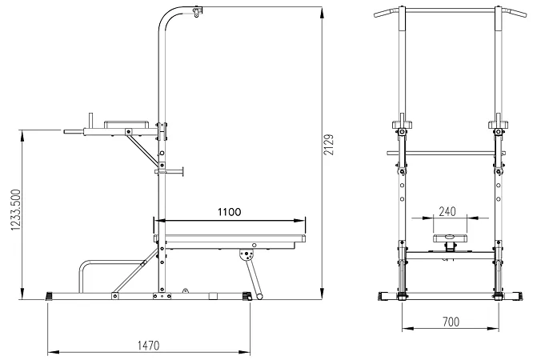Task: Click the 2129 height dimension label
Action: coord(328,145)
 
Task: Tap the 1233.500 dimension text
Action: coord(16,210)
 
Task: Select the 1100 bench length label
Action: coord(229,212)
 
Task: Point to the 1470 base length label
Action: coord(148,346)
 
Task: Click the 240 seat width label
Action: coord(447,211)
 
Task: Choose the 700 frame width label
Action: coord(451,322)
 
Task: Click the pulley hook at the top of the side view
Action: coord(197,12)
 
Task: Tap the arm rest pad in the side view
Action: coord(126,125)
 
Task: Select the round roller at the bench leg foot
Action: coord(259,297)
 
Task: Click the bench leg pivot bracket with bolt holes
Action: coord(247,254)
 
